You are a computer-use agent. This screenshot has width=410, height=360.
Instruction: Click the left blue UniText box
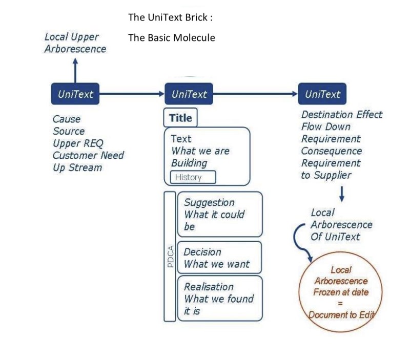click(x=75, y=94)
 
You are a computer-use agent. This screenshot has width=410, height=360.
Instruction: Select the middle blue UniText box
click(x=189, y=94)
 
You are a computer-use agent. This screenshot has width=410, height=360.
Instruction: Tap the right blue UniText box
click(x=322, y=94)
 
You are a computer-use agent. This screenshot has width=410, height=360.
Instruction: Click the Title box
click(x=180, y=118)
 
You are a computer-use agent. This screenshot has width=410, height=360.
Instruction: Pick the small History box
click(x=193, y=177)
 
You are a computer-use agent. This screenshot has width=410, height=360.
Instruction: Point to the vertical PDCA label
click(x=170, y=256)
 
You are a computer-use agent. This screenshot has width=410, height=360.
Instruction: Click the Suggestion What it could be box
click(x=219, y=214)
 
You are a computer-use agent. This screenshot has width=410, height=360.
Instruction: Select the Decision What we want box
click(x=219, y=258)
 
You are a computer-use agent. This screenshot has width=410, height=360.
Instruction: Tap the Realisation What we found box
click(x=219, y=299)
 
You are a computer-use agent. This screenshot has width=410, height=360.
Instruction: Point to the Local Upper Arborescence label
click(x=75, y=43)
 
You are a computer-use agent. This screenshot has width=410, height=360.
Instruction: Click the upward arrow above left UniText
click(x=75, y=70)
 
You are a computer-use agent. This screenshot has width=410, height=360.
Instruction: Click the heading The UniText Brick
click(x=170, y=17)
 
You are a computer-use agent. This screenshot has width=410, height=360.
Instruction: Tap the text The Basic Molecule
click(x=172, y=38)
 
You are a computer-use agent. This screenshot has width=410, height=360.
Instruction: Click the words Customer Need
click(x=88, y=155)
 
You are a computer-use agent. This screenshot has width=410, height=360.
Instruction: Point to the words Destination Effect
click(x=342, y=115)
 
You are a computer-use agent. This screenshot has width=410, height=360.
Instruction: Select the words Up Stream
click(x=77, y=167)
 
